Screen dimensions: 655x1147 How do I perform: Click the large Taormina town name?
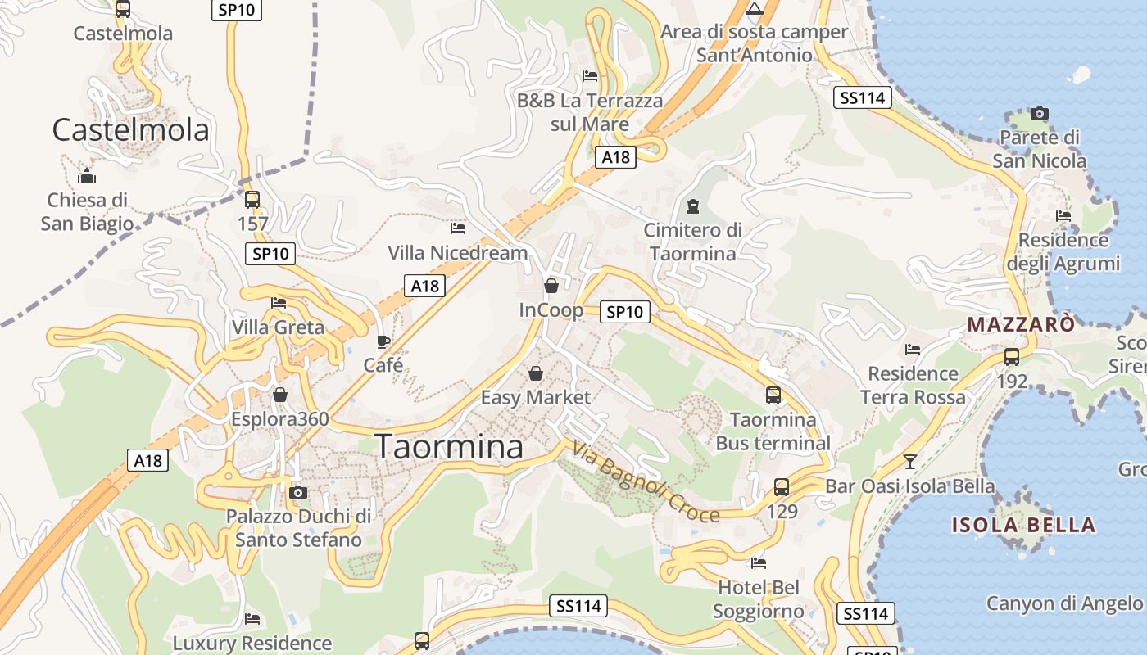[449, 447]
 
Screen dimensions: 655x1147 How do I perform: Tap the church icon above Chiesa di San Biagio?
[86, 176]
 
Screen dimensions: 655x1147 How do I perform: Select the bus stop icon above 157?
[252, 199]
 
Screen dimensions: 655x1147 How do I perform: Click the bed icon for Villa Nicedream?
[458, 228]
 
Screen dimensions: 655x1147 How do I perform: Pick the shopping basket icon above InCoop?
[551, 286]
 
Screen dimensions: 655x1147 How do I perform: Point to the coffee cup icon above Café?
[383, 341]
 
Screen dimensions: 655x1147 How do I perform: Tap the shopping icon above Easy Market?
[536, 373]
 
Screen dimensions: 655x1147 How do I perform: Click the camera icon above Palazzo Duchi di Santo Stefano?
[298, 492]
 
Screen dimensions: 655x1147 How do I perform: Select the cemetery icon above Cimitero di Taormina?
[693, 206]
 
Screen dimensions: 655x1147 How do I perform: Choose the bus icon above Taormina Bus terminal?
[773, 395]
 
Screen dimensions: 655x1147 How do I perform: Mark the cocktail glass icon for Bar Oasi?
[909, 461]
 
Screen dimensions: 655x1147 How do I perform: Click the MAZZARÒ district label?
[1021, 324]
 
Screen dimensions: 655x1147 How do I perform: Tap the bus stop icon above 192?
[1012, 357]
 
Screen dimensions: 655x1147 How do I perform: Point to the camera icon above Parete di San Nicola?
[1040, 113]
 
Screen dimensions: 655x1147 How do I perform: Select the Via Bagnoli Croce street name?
[646, 482]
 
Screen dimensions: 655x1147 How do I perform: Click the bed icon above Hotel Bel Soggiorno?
[759, 562]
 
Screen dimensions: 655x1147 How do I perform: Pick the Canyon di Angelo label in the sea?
[1064, 603]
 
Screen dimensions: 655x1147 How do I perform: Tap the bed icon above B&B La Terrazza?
[590, 76]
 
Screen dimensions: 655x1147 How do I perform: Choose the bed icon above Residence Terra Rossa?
[913, 350]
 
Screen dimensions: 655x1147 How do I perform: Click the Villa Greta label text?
[278, 327]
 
